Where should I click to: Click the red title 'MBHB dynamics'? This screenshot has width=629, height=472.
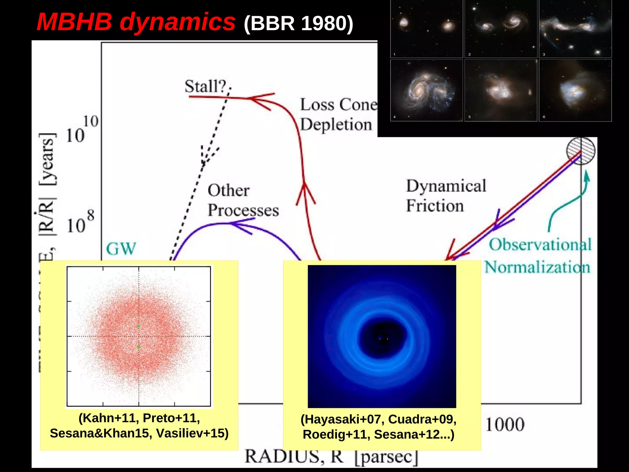[x=136, y=22]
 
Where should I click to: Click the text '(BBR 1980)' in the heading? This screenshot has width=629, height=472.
[x=298, y=23]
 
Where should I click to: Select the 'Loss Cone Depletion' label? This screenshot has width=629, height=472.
[x=338, y=115]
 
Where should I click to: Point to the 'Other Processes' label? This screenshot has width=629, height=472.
[x=243, y=200]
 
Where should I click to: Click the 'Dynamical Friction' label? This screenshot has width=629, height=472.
[x=445, y=196]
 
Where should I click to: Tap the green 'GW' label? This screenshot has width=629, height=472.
[x=121, y=248]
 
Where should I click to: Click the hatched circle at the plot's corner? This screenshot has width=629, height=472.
[x=580, y=151]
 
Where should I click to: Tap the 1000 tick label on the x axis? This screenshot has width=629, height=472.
[x=505, y=425]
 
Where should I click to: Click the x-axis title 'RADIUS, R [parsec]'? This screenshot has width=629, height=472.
[x=331, y=457]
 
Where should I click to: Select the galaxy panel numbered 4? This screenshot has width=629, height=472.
[x=426, y=90]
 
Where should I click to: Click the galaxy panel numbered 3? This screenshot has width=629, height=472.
[x=575, y=29]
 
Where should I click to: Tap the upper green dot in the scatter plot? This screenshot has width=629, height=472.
[x=139, y=326]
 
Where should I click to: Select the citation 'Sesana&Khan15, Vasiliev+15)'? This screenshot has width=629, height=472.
[x=139, y=433]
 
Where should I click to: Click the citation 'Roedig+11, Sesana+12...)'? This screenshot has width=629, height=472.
[x=378, y=435]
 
